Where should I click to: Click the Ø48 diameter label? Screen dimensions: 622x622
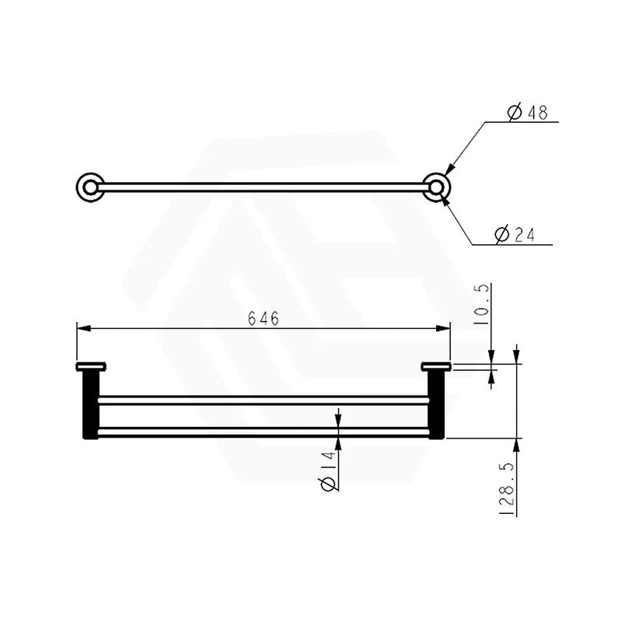pyautogui.click(x=528, y=112)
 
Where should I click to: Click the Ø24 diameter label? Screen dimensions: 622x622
pyautogui.click(x=515, y=235)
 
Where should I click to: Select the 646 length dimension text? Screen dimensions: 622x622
pyautogui.click(x=264, y=318)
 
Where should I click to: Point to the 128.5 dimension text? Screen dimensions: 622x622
pyautogui.click(x=507, y=489)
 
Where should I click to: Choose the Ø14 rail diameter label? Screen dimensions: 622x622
pyautogui.click(x=328, y=471)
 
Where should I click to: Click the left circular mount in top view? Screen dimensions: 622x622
pyautogui.click(x=90, y=187)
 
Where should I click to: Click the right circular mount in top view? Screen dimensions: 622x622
pyautogui.click(x=436, y=187)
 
